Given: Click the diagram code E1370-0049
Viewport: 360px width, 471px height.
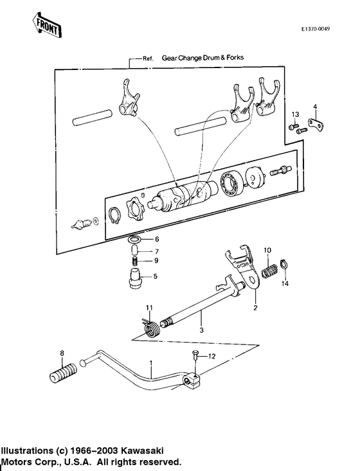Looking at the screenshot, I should point(319,30).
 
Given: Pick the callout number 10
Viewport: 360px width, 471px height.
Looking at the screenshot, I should point(268,249).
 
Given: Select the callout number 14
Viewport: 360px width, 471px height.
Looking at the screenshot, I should point(285,283).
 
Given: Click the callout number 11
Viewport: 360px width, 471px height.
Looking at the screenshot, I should point(148,307).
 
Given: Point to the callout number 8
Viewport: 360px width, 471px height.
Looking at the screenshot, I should point(62,353).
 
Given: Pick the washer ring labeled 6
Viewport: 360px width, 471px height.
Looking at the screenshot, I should point(134,240).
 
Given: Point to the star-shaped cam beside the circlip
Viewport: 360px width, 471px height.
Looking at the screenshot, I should point(136,205).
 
